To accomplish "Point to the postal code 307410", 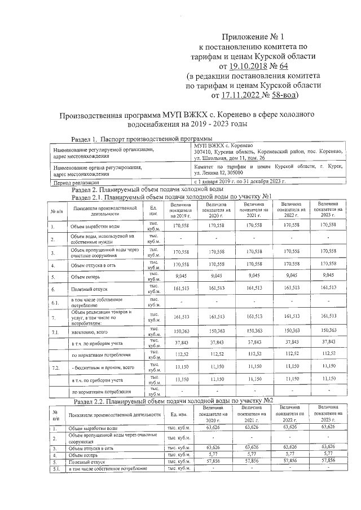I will [202, 152].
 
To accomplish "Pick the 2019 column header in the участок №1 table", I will [181, 211].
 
